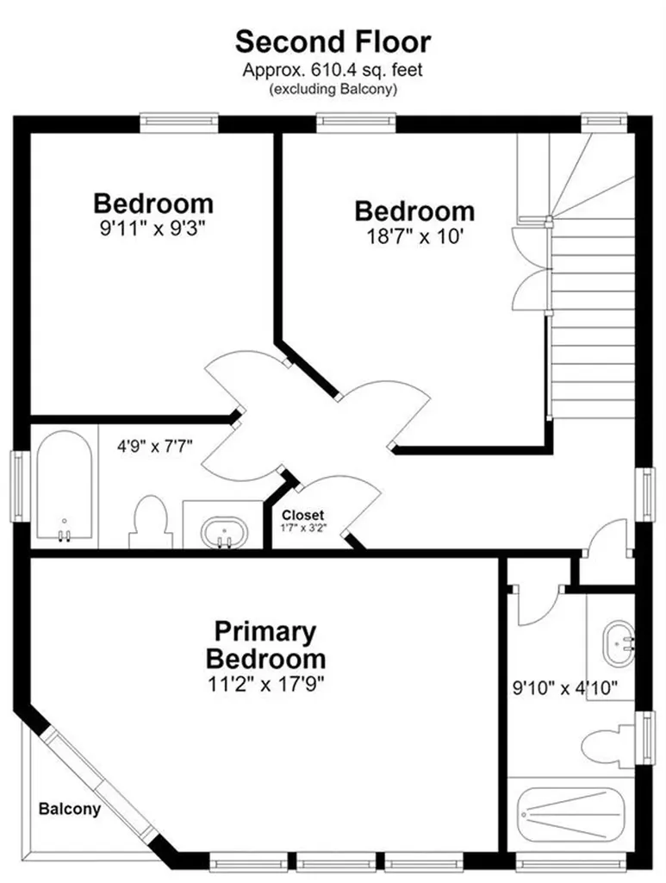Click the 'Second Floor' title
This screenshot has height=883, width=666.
(x=333, y=41)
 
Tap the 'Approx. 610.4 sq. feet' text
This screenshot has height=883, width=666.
(x=333, y=71)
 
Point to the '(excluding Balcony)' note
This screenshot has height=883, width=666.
(x=333, y=89)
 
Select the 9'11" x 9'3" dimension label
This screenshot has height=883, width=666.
(x=153, y=229)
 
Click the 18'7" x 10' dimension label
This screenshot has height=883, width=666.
(x=415, y=236)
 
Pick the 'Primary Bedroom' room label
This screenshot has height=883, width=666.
(x=265, y=645)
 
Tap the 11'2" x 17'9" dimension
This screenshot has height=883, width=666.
(x=266, y=684)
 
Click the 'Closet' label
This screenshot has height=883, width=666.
(x=302, y=516)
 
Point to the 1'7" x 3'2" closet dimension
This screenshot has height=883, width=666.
(x=304, y=529)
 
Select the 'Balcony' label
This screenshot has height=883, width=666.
(x=70, y=809)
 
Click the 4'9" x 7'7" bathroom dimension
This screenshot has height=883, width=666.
(x=155, y=447)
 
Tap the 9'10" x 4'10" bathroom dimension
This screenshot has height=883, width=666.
(x=565, y=687)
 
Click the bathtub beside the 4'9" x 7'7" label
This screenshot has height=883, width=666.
(x=64, y=485)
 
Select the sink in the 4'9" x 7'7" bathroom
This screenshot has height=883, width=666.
(x=224, y=532)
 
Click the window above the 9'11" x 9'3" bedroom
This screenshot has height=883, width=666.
(x=179, y=123)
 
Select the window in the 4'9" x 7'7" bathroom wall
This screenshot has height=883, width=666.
(x=21, y=486)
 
